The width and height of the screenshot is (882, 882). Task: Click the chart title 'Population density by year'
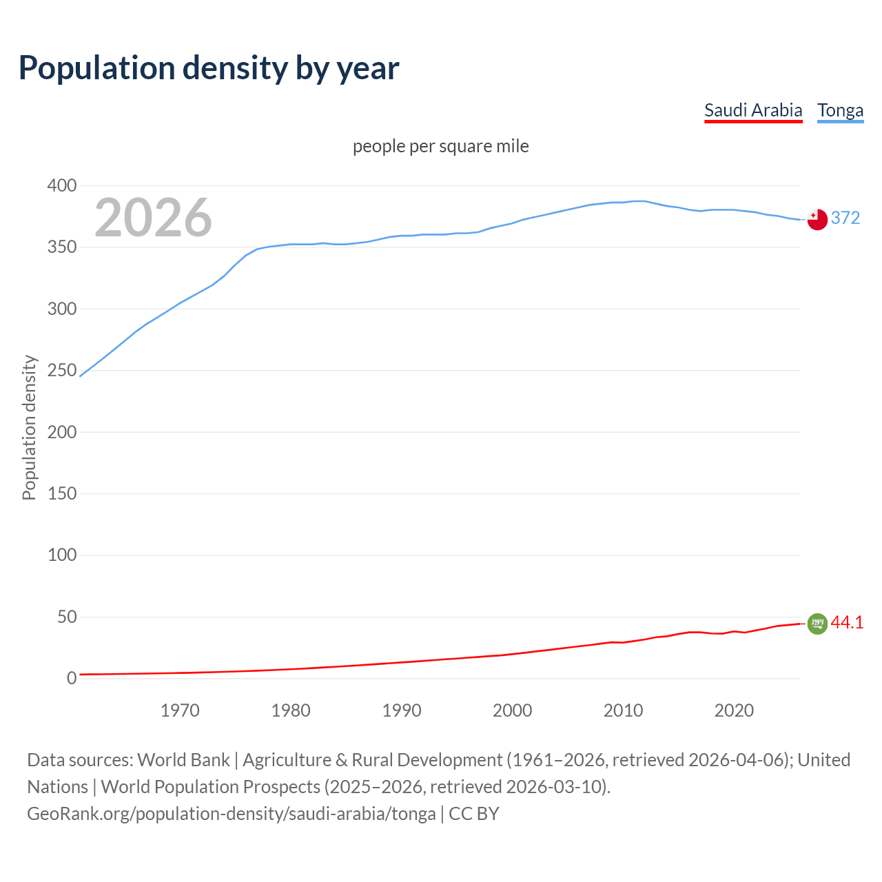(x=209, y=68)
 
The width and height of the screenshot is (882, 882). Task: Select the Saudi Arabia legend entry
(x=753, y=110)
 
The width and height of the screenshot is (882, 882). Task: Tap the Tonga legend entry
(x=840, y=110)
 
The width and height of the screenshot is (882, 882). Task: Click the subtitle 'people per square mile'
(x=441, y=146)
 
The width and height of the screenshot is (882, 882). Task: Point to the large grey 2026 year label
(x=153, y=218)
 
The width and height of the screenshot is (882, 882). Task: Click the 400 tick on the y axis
(x=62, y=185)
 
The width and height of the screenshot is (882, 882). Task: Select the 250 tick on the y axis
(x=62, y=370)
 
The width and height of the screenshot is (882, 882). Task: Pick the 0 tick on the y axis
(x=71, y=678)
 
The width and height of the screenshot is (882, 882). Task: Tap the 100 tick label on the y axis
(x=62, y=555)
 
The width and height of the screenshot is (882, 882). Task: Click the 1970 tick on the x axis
(x=180, y=710)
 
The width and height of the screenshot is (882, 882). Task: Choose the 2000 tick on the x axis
(x=512, y=710)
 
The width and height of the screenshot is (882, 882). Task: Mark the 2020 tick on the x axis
(x=734, y=710)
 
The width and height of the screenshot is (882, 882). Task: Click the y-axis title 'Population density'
(x=29, y=427)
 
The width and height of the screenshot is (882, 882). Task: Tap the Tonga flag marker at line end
(x=817, y=219)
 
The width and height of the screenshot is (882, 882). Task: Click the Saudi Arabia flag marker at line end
(x=817, y=624)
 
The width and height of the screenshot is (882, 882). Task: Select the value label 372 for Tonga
(x=845, y=218)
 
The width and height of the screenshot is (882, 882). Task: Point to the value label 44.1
(x=847, y=622)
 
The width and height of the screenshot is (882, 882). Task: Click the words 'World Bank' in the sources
(x=183, y=759)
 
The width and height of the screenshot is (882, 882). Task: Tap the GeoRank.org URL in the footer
(x=231, y=813)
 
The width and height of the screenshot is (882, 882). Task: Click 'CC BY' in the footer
(x=474, y=813)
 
